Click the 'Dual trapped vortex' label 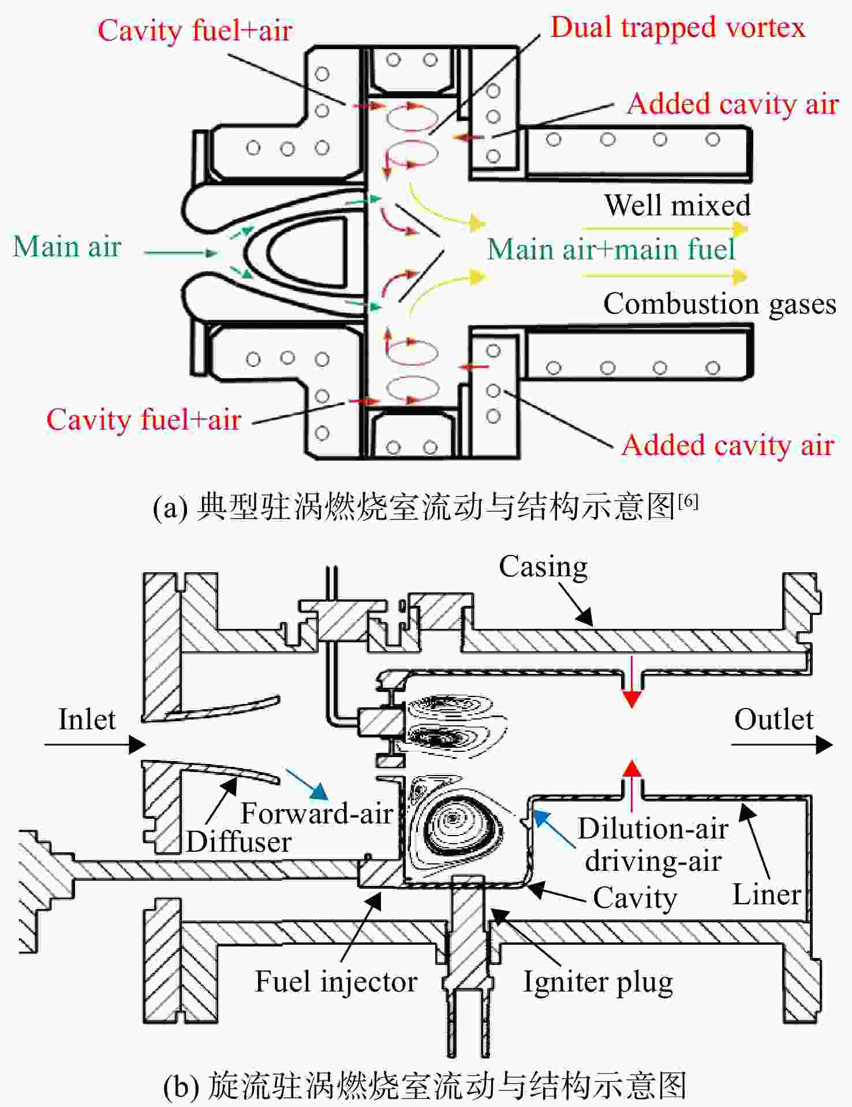[678, 28]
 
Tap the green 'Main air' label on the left [67, 247]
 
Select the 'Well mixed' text [677, 205]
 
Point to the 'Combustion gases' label [719, 304]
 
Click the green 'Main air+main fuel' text [611, 249]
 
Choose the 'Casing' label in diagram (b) [543, 567]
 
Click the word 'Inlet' [87, 720]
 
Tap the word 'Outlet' [773, 720]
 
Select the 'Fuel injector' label [336, 982]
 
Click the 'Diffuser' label [238, 842]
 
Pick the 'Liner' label [767, 894]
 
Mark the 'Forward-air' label [316, 813]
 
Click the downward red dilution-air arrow [632, 683]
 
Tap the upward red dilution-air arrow [632, 785]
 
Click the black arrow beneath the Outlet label [782, 745]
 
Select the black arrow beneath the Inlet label [95, 745]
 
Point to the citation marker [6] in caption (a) [688, 501]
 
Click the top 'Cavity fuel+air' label [195, 30]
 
